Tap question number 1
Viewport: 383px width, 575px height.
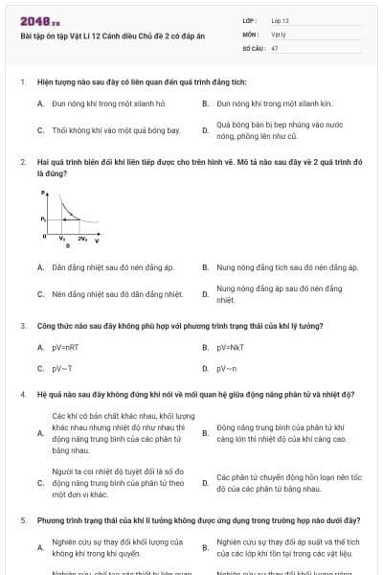tap(22, 83)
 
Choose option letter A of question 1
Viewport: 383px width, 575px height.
tap(40, 102)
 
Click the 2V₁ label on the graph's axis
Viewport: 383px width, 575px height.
tap(82, 236)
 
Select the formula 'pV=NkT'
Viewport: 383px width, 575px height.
tap(231, 347)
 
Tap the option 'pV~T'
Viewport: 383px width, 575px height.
tap(62, 368)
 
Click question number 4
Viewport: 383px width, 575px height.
tap(22, 394)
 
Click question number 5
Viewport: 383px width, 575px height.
tap(22, 519)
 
